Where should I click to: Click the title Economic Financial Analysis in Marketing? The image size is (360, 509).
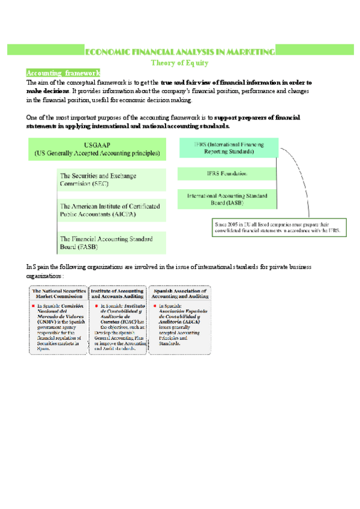point(179,52)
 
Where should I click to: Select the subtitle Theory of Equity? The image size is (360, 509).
point(179,62)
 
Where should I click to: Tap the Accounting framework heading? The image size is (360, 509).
point(59,73)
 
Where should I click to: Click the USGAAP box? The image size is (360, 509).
point(97,149)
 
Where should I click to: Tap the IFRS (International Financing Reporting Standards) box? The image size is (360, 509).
point(228,148)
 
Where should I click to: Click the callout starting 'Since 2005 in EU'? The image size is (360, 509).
point(277,227)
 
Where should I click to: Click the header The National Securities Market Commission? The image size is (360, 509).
point(59,292)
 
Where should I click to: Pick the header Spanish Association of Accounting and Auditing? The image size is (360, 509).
point(179,292)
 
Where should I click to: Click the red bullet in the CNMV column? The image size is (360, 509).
point(34,306)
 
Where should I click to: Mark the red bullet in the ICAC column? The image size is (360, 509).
point(96,306)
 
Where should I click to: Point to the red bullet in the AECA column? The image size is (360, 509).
point(155,306)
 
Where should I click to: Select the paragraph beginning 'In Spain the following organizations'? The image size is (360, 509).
point(169,270)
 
